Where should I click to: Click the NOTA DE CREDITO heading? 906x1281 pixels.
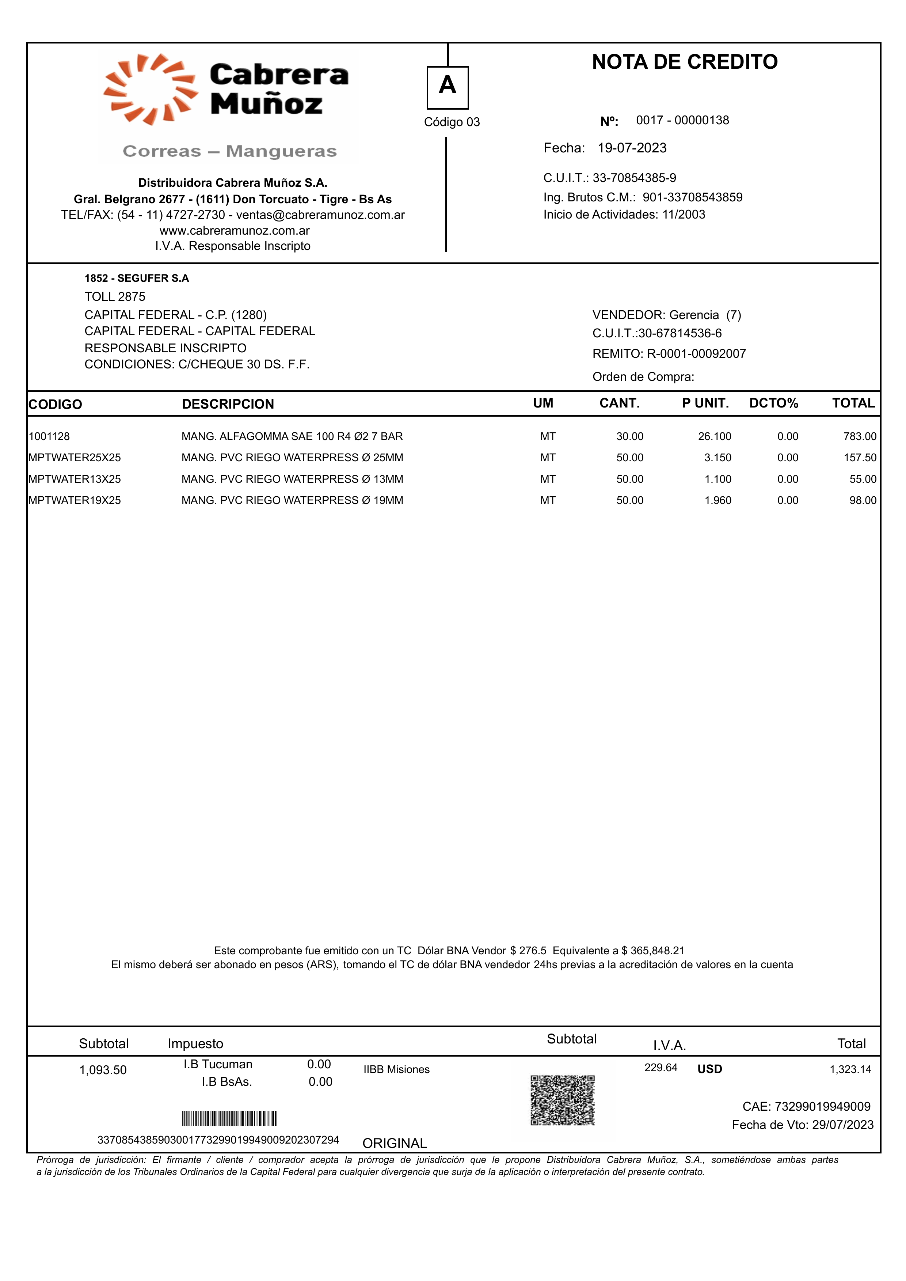tap(685, 62)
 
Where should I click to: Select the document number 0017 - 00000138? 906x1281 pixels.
tap(682, 121)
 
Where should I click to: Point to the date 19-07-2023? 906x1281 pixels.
tap(632, 148)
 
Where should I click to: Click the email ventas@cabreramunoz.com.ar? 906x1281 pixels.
tap(320, 215)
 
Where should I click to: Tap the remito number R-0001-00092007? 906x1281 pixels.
tap(696, 354)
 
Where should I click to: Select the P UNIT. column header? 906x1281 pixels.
tap(705, 403)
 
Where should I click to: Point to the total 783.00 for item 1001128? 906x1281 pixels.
tap(860, 436)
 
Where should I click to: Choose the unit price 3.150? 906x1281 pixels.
tap(717, 458)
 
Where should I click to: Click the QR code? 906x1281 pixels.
tap(562, 1100)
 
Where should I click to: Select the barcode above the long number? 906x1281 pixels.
tap(229, 1119)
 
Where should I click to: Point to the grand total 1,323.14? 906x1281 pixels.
tap(850, 1069)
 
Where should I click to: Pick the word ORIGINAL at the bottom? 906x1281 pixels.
tap(395, 1143)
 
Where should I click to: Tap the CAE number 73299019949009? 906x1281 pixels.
tap(822, 1106)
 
